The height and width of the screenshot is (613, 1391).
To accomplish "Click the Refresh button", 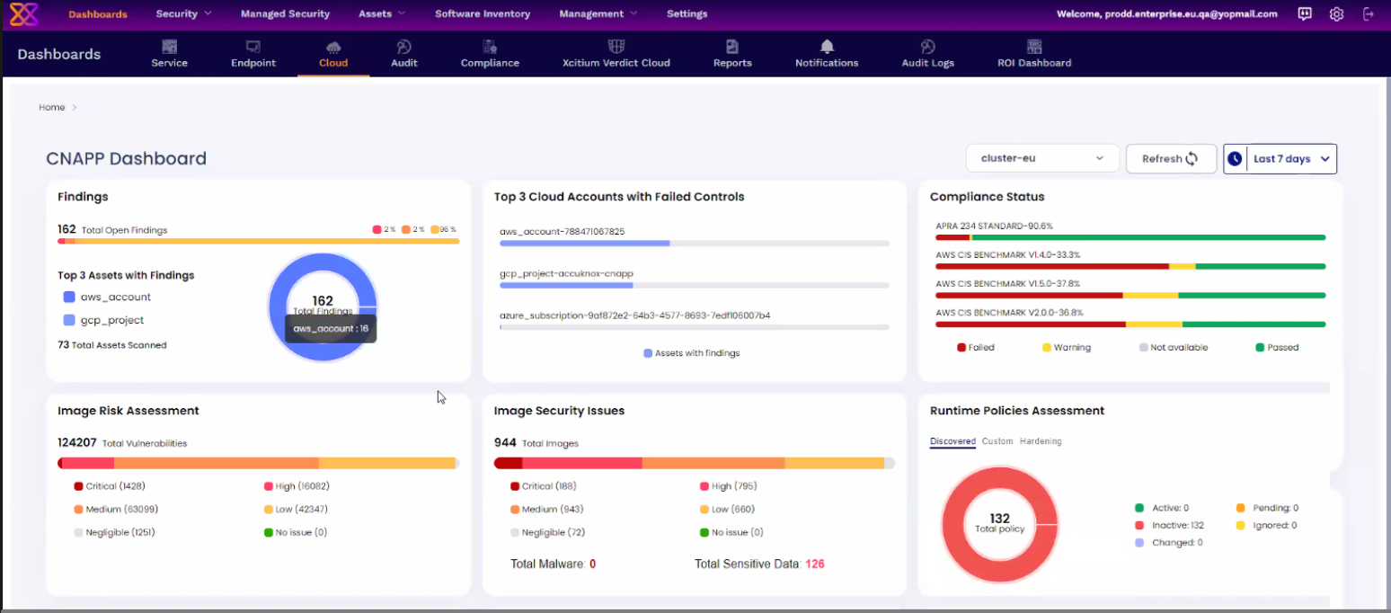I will click(1170, 159).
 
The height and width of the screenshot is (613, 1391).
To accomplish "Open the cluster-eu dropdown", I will click(1041, 159).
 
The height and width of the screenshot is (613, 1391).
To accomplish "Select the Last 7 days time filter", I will click(1280, 159).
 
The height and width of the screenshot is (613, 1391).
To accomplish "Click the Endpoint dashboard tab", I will click(253, 53).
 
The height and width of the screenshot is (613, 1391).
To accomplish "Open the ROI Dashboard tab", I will click(1033, 53).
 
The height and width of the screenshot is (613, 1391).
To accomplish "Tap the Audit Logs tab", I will click(927, 53).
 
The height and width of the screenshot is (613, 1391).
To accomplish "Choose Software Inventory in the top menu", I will click(482, 13).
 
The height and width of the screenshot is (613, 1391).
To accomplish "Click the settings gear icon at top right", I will click(1336, 14).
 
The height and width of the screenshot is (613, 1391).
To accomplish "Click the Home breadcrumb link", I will click(51, 108).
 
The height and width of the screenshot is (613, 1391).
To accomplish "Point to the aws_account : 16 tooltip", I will click(331, 329).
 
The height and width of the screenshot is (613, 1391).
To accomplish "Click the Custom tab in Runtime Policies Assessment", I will click(997, 441).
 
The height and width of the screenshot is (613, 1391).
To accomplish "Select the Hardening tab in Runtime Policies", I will click(1040, 441).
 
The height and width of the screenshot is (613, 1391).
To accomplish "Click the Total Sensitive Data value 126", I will click(814, 564).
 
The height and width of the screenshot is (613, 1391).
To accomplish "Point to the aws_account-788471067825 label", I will click(562, 232).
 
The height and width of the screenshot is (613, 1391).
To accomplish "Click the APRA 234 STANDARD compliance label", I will click(994, 226).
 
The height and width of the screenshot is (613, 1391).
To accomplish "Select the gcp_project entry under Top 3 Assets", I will click(111, 321).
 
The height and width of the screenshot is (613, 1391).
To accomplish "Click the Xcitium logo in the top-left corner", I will click(24, 14).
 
